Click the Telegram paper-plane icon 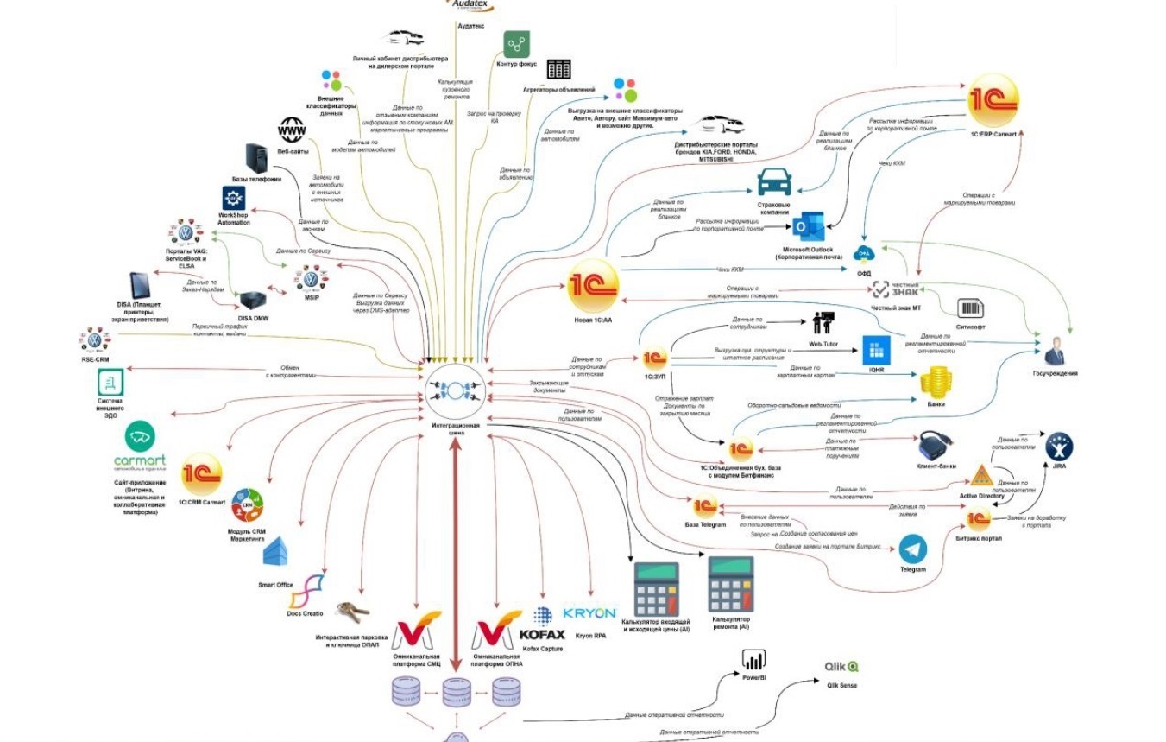(912, 549)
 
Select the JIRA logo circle (1059, 447)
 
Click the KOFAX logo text (542, 635)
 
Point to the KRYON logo (589, 613)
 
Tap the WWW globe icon (292, 131)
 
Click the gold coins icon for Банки (935, 382)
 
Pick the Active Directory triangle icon (980, 476)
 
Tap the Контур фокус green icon (517, 44)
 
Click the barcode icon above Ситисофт (970, 308)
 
